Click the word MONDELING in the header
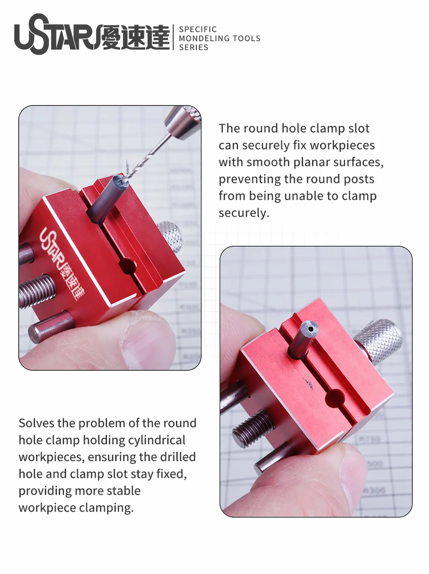204,38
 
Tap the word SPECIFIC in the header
198,29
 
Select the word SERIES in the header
193,48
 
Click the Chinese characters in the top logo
135,37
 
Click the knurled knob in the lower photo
379,341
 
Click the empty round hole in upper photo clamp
128,266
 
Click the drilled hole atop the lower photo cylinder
310,329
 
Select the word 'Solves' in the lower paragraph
36,423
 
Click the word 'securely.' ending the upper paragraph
244,213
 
